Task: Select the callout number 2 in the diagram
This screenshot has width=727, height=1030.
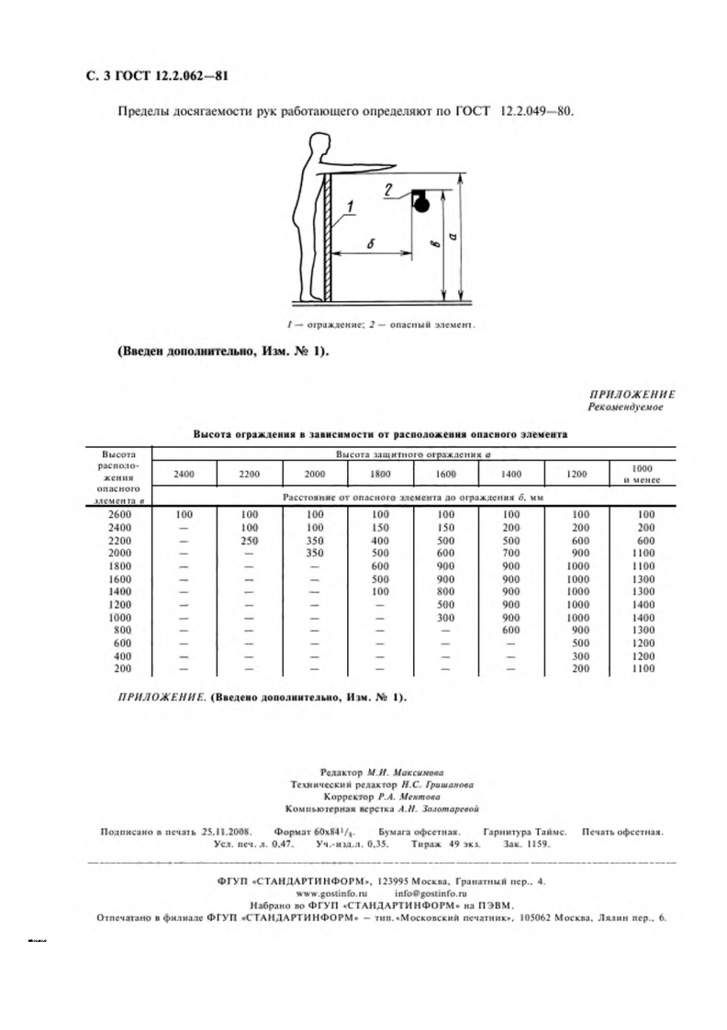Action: click(389, 191)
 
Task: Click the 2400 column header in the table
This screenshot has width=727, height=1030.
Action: click(185, 474)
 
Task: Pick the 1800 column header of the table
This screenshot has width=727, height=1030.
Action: click(380, 474)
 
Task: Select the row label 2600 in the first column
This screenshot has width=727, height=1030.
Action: click(119, 514)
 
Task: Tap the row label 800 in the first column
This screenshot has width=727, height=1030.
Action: click(119, 630)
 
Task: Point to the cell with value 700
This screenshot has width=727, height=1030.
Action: click(511, 553)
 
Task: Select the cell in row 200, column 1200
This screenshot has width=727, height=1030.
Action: click(577, 669)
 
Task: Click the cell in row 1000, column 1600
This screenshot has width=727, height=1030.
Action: click(445, 617)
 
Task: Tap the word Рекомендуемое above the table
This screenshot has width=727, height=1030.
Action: click(625, 405)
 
